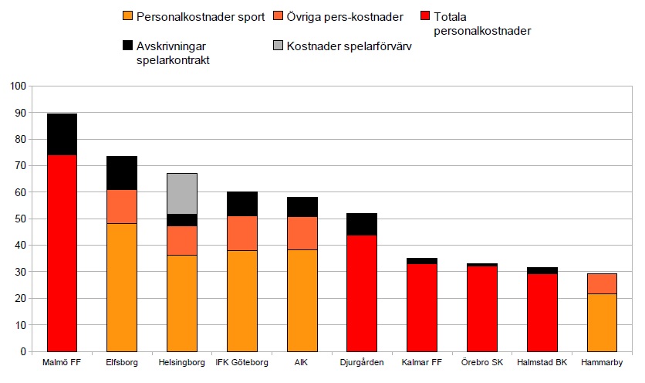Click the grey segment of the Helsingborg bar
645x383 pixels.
click(x=181, y=194)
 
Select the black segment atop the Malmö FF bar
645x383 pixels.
click(x=62, y=134)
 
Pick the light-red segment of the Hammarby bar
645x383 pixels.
click(x=602, y=283)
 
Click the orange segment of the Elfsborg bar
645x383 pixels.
click(x=121, y=287)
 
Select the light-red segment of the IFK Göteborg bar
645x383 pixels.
click(x=241, y=232)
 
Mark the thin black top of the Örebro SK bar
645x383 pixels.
click(x=483, y=264)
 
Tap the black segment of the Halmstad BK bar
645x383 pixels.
click(x=542, y=270)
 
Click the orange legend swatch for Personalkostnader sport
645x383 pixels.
click(x=128, y=16)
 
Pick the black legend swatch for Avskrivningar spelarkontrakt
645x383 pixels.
click(x=128, y=46)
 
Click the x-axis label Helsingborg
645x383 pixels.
click(x=181, y=363)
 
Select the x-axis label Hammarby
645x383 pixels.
click(x=602, y=363)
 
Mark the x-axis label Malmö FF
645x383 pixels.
click(x=62, y=363)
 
